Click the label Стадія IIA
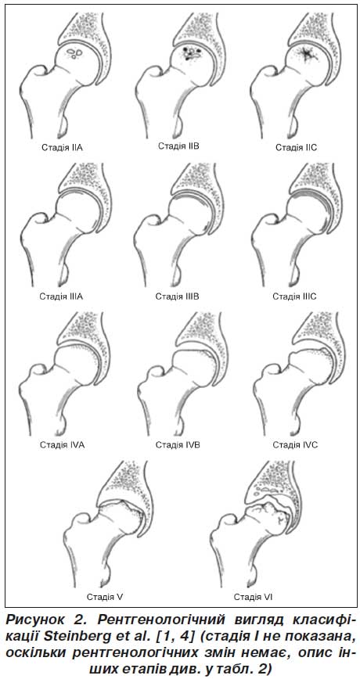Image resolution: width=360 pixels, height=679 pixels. pyautogui.click(x=62, y=147)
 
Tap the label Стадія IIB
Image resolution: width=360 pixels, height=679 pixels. pyautogui.click(x=178, y=145)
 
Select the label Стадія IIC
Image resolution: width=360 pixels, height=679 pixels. pyautogui.click(x=297, y=147)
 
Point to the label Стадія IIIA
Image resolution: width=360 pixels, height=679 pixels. pyautogui.click(x=61, y=296)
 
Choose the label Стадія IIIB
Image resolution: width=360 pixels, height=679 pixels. pyautogui.click(x=177, y=296)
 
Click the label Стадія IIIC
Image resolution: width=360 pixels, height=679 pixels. pyautogui.click(x=294, y=296)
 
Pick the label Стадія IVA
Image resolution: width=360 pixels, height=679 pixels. pyautogui.click(x=62, y=445)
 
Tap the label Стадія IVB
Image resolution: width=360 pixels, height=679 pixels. pyautogui.click(x=178, y=445)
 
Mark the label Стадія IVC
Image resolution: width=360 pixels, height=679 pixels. pyautogui.click(x=295, y=445)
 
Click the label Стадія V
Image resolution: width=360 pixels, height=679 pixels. pyautogui.click(x=106, y=597)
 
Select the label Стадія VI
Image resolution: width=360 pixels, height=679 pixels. pyautogui.click(x=253, y=597)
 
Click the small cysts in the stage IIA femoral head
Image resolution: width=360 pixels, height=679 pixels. pyautogui.click(x=75, y=54)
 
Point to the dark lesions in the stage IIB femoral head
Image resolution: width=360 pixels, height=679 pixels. pyautogui.click(x=192, y=52)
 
